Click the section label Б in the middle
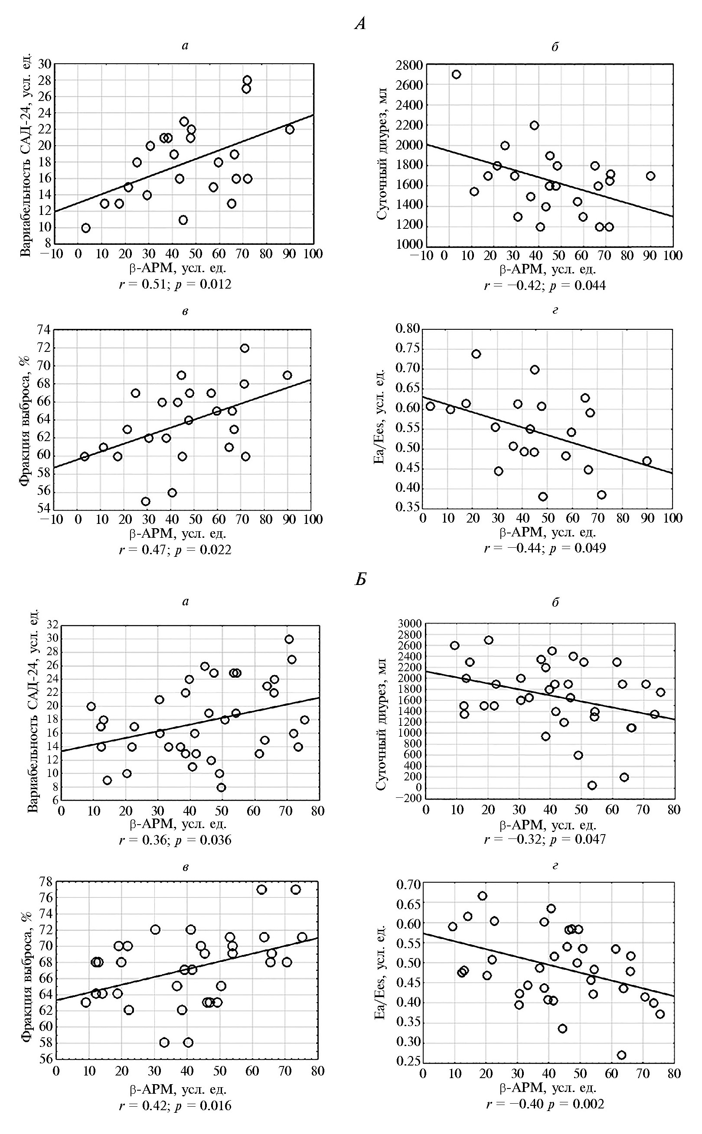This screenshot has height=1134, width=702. click(x=360, y=579)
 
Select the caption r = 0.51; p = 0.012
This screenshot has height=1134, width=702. click(x=175, y=284)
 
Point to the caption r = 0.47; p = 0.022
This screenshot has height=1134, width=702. click(x=175, y=549)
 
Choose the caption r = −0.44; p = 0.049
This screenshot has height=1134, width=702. click(x=545, y=548)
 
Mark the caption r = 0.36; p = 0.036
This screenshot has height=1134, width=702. click(x=175, y=839)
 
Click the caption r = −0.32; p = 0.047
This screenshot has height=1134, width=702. click(x=545, y=838)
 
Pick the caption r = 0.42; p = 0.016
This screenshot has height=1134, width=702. click(x=175, y=1105)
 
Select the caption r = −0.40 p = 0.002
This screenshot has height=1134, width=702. click(x=545, y=1103)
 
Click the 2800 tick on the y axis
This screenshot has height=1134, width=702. click(x=409, y=65)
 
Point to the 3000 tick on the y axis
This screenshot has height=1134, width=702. click(x=409, y=624)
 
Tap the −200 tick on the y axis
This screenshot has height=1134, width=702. click(x=408, y=798)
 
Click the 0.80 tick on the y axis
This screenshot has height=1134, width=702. click(x=407, y=329)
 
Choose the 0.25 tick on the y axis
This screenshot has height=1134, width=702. click(x=407, y=1062)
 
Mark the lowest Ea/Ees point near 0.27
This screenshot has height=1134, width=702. click(x=621, y=1055)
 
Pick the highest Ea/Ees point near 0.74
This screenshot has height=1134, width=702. click(x=476, y=354)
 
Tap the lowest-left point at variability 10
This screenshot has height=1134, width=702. click(x=86, y=228)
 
